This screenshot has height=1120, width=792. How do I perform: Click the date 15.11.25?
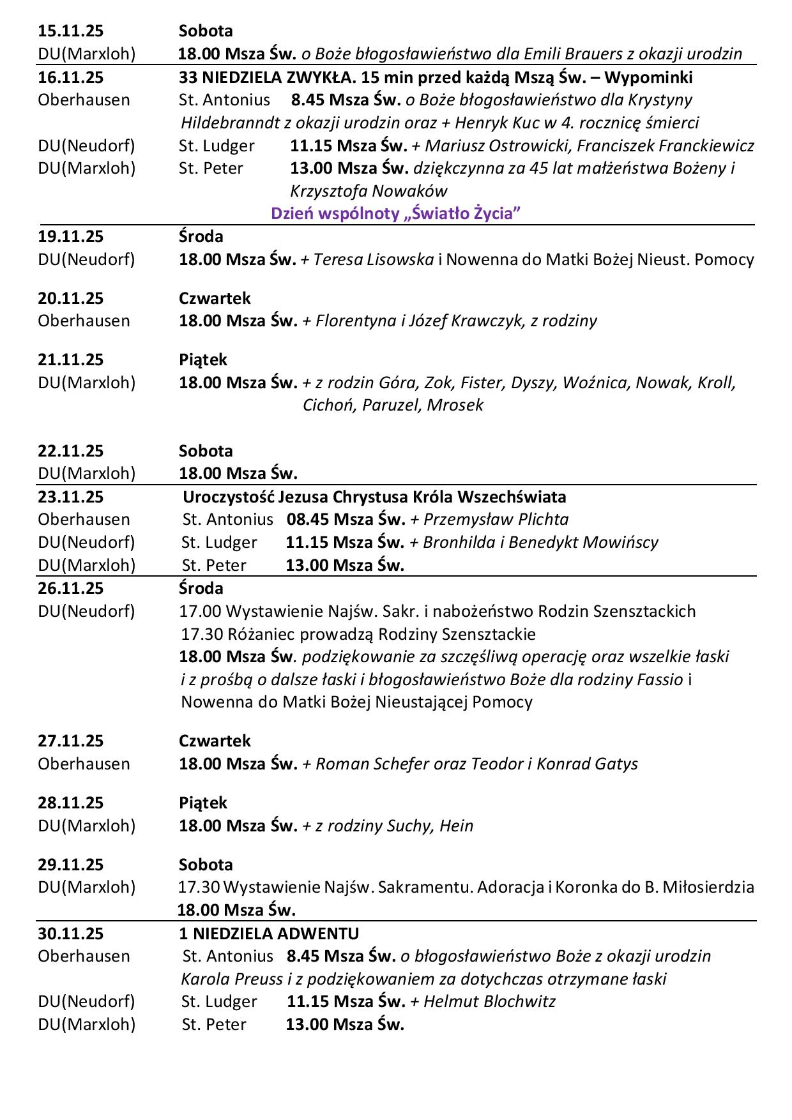click(70, 31)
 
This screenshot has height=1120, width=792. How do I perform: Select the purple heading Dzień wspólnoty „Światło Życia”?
click(396, 214)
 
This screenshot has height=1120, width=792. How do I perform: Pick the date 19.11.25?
click(70, 237)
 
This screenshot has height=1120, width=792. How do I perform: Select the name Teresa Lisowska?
click(374, 260)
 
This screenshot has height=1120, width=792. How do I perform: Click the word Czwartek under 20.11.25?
click(215, 298)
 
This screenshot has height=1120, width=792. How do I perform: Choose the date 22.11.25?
click(70, 451)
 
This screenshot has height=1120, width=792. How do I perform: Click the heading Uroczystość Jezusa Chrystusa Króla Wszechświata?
click(374, 497)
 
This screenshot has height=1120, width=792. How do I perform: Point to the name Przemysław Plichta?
click(496, 520)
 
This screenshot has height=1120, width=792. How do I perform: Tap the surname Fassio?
click(660, 679)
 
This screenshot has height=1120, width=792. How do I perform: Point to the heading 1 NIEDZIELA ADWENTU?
click(269, 934)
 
